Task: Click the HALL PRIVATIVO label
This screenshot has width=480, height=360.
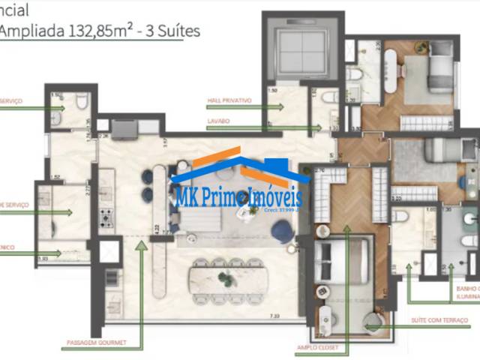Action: [x=229, y=100]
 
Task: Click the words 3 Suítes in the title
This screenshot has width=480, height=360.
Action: [x=157, y=31]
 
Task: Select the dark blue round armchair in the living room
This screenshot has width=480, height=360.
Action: [x=283, y=231]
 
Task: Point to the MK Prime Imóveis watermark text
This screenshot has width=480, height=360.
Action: [x=238, y=197]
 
